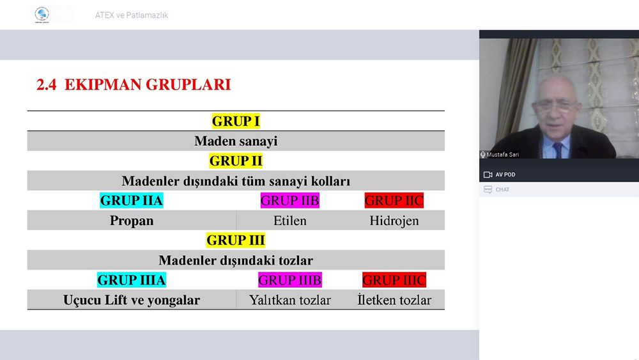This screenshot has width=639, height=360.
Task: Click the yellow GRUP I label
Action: [x=236, y=121]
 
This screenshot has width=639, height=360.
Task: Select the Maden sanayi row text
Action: [x=236, y=141]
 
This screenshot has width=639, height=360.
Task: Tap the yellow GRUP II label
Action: [x=236, y=161]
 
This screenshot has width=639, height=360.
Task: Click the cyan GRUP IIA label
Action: [x=131, y=201]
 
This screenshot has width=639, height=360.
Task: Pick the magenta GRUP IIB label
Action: [x=289, y=201]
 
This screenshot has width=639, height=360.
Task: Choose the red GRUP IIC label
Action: [x=394, y=201]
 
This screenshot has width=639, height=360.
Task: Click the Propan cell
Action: [x=131, y=221]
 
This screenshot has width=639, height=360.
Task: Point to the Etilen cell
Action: [x=289, y=221]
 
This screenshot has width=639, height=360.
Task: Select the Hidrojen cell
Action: [x=394, y=221]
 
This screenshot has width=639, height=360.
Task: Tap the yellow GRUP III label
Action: [x=236, y=240]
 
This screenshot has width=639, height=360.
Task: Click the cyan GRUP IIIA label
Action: [x=131, y=280]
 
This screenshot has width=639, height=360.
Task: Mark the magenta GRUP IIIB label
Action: [x=289, y=280]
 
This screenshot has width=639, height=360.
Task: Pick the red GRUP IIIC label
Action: [x=394, y=280]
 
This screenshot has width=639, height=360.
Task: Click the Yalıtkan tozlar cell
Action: [x=289, y=300]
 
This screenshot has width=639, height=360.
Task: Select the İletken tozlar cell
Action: [x=394, y=300]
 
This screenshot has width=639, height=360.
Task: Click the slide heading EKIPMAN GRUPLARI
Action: [x=148, y=84]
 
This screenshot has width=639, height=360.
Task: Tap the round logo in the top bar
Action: [x=42, y=14]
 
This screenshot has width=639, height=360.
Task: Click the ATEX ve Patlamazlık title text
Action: [x=131, y=15]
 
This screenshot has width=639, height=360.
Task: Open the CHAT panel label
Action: [x=502, y=189]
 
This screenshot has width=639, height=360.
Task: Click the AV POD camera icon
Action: [x=488, y=175]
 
